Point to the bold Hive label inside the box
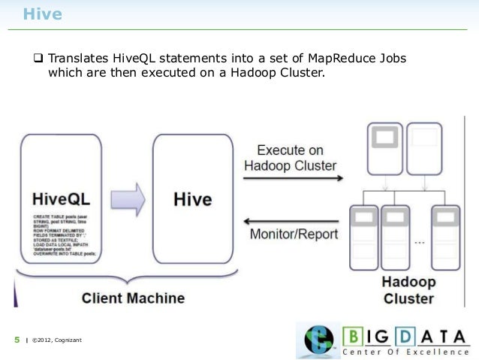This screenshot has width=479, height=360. [x=192, y=200]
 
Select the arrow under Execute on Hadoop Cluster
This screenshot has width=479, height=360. [x=292, y=179]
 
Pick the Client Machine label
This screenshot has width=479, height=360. [x=133, y=298]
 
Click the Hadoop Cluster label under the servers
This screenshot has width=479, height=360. [x=408, y=290]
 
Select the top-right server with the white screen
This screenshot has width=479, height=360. [x=424, y=147]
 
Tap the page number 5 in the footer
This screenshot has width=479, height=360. [x=17, y=341]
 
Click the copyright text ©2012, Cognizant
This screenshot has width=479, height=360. [x=56, y=342]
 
